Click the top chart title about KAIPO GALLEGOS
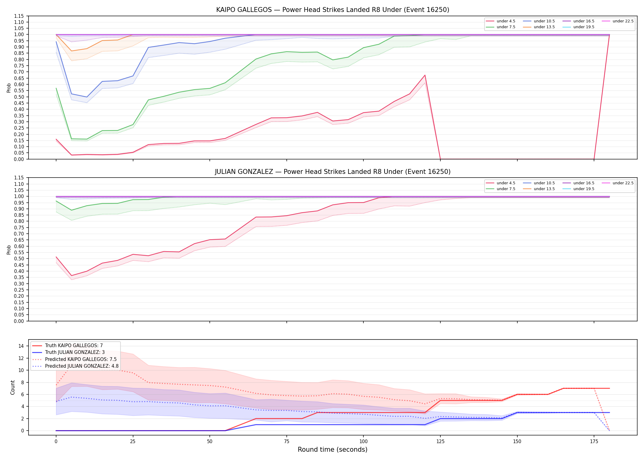332,10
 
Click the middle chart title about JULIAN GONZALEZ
332,172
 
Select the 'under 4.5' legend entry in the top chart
501,21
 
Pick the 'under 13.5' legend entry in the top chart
539,27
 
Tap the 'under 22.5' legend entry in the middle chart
618,183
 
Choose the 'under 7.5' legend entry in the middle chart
501,189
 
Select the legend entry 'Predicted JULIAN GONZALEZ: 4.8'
75,366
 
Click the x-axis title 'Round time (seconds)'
332,450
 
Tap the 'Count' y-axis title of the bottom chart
13,387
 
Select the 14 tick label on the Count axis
21,346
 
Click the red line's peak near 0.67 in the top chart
425,75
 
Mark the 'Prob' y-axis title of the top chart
9,88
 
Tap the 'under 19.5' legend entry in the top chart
579,27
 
